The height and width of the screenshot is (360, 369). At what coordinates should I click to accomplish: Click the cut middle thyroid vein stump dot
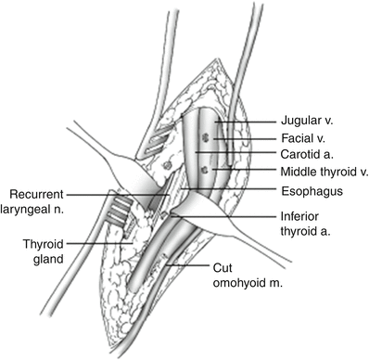point(203,172)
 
